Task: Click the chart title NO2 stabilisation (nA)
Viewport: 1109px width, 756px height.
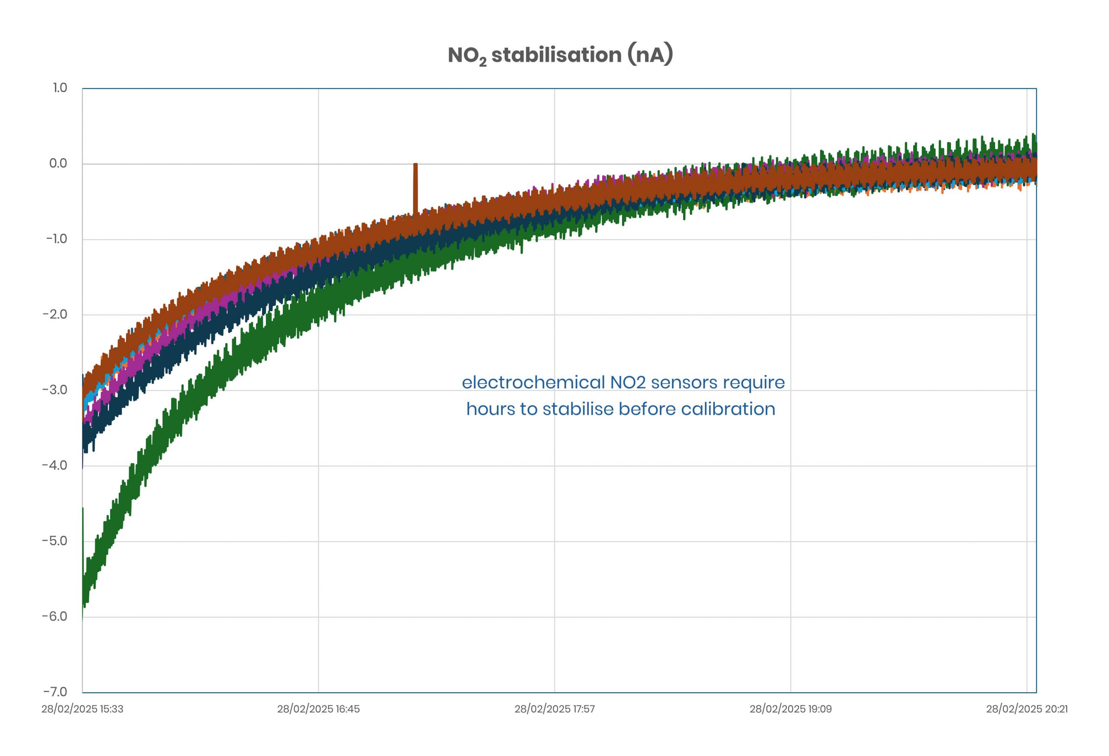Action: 560,55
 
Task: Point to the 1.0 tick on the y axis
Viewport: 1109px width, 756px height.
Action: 60,88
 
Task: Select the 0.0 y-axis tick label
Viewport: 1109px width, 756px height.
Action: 58,163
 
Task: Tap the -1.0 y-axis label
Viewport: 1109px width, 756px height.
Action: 56,239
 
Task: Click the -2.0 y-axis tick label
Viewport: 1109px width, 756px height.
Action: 55,314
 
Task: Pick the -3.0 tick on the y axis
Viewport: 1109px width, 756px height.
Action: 55,390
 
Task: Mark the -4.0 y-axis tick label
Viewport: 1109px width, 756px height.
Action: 55,465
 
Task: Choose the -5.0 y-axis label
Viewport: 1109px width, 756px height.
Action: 55,541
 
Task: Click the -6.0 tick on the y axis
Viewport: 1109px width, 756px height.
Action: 55,616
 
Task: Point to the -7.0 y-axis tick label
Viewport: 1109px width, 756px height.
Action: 55,691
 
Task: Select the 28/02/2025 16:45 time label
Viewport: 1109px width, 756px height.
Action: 318,709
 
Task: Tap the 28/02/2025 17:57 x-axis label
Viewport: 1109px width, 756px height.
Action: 554,709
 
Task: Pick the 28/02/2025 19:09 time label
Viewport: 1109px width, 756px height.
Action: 790,709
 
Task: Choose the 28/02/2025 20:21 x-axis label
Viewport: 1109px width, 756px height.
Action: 1027,709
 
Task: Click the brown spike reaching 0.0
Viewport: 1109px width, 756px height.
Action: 415,186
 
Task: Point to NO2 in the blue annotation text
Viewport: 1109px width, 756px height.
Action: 628,382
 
